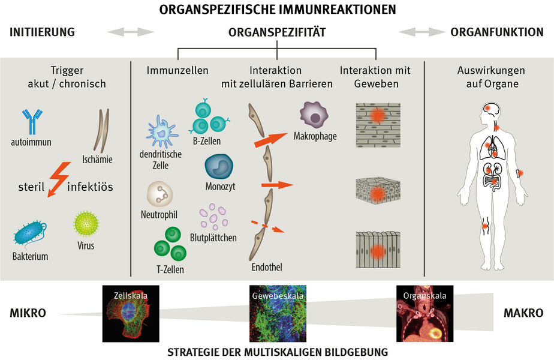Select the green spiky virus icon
click(x=86, y=224)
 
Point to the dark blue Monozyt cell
click(x=219, y=167)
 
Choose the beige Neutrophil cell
click(x=159, y=194)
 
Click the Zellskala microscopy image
click(x=131, y=313)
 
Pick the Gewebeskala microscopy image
click(x=277, y=313)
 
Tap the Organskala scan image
click(x=424, y=313)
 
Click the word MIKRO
click(x=28, y=313)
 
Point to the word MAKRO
click(x=523, y=313)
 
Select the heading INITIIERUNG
click(x=42, y=32)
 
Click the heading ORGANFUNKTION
click(x=497, y=32)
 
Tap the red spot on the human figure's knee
click(x=487, y=227)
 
